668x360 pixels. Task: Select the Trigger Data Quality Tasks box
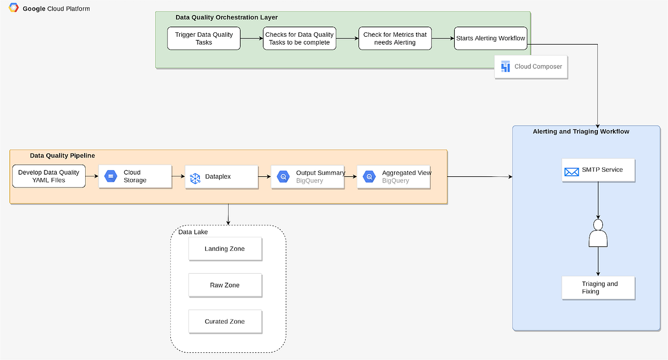204,38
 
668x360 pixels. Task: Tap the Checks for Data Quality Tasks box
299,38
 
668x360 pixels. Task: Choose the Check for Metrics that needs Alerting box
395,38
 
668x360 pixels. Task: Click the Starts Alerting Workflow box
490,38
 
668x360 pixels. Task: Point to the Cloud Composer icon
505,67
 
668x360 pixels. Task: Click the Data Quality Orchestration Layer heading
227,18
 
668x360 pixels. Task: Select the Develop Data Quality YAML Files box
49,176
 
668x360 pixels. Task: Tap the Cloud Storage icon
111,176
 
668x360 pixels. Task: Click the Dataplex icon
195,177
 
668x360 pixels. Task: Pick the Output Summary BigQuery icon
283,177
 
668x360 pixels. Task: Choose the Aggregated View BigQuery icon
369,177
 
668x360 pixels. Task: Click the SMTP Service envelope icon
571,171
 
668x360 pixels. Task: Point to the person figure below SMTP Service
598,234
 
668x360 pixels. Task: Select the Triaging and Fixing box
598,288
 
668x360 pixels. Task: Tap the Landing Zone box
225,249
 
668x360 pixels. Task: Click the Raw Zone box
225,285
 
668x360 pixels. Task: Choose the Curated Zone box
225,322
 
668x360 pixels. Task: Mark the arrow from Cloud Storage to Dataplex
178,176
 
